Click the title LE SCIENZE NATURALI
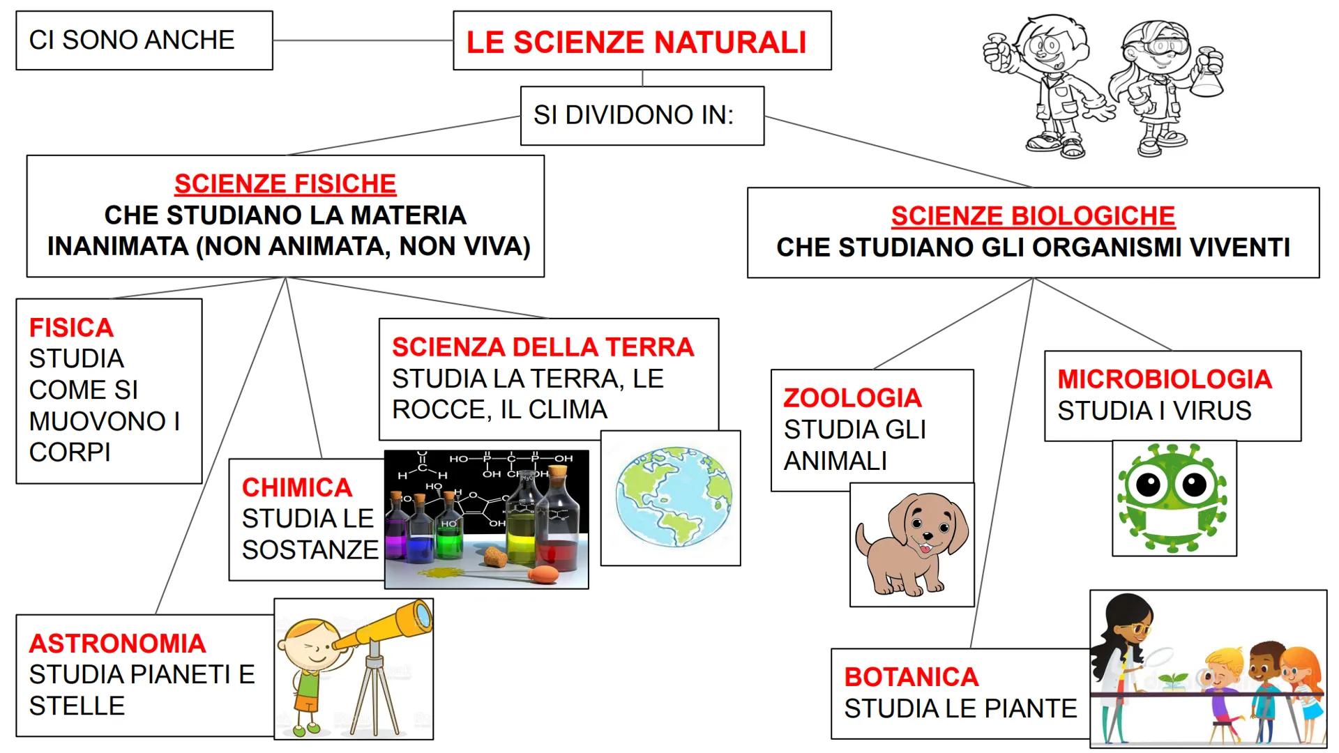click(636, 42)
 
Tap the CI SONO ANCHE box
click(144, 40)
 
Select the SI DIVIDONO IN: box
click(642, 116)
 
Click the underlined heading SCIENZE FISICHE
click(285, 184)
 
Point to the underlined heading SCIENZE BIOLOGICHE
click(1033, 216)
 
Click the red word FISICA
click(71, 328)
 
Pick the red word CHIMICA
click(297, 487)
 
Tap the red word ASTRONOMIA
click(117, 644)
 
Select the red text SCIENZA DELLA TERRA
click(543, 347)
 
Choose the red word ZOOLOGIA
click(853, 398)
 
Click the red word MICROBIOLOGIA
click(1165, 379)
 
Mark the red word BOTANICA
click(911, 677)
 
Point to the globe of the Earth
click(674, 498)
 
